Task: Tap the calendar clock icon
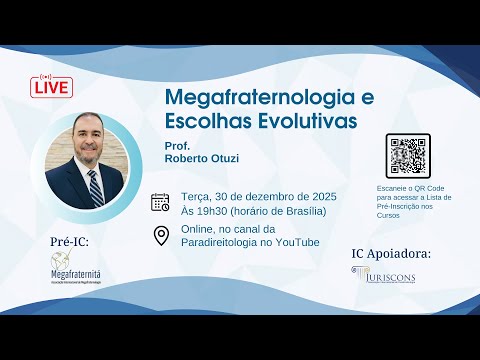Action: [160, 202]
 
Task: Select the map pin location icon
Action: [160, 235]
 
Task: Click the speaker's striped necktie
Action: [94, 187]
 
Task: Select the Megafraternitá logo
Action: [81, 269]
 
